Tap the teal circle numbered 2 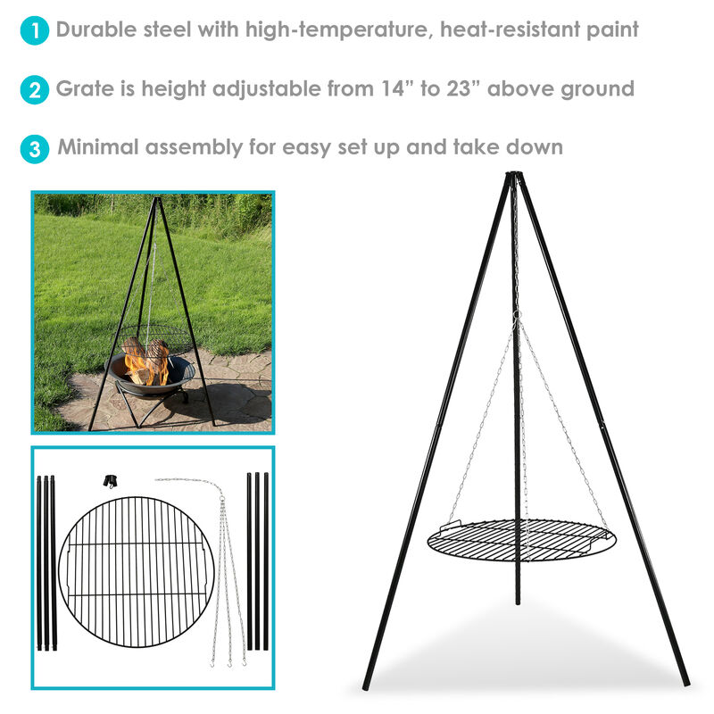(x=34, y=90)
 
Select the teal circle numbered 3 (x=34, y=149)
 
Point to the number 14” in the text (x=392, y=88)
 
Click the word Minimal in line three (x=96, y=146)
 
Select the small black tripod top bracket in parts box (x=110, y=481)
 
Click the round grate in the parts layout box (x=136, y=572)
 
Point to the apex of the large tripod (x=513, y=176)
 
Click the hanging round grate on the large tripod (x=519, y=540)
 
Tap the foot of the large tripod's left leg (x=367, y=685)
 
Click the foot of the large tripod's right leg (x=685, y=683)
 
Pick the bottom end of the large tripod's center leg (x=517, y=602)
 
